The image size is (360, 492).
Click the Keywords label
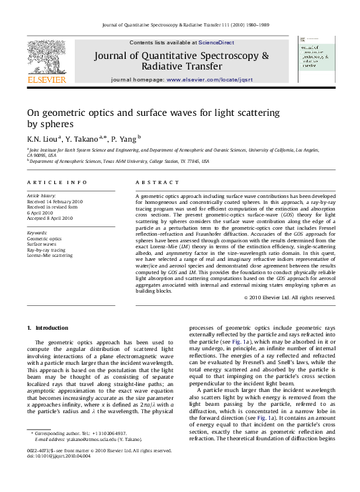click(38, 233)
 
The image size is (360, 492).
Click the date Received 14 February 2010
click(55, 201)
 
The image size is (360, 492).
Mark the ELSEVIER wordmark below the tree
click(46, 80)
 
